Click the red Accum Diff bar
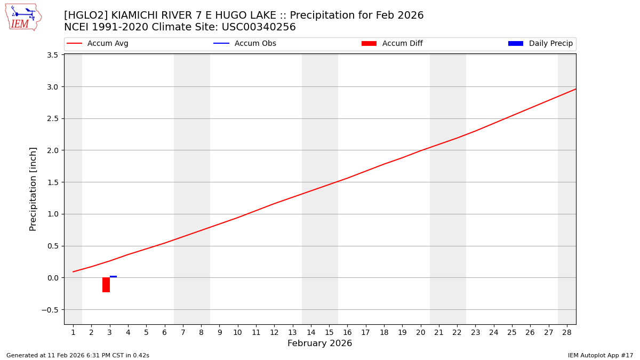(106, 285)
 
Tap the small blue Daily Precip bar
(113, 277)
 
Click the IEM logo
(23, 17)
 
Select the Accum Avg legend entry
(98, 44)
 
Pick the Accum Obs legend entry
(245, 44)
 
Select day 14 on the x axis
(311, 333)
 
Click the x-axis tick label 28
(567, 333)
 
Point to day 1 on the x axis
(73, 333)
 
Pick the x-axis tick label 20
(421, 333)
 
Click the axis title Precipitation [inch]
(33, 189)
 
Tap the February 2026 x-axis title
(319, 343)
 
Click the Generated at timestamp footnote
(78, 355)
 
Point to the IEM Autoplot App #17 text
(601, 355)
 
